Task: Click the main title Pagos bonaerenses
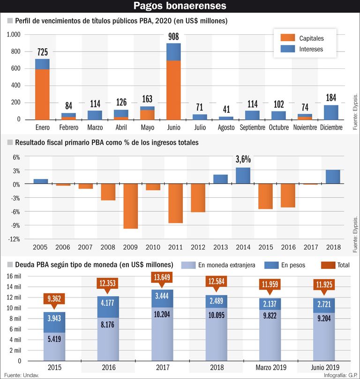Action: pyautogui.click(x=180, y=6)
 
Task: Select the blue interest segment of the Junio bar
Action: pyautogui.click(x=173, y=52)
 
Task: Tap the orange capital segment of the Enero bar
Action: pyautogui.click(x=42, y=95)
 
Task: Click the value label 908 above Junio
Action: pyautogui.click(x=173, y=37)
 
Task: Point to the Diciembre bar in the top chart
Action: pyautogui.click(x=331, y=112)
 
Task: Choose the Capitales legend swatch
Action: pyautogui.click(x=288, y=38)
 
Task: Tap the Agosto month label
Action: pyautogui.click(x=226, y=127)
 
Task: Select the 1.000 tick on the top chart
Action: pyautogui.click(x=14, y=35)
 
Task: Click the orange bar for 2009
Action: pyautogui.click(x=131, y=206)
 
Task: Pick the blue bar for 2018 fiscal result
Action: pyautogui.click(x=333, y=177)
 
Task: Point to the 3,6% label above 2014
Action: pyautogui.click(x=243, y=159)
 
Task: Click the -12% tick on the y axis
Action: pyautogui.click(x=14, y=239)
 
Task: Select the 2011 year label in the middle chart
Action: pyautogui.click(x=175, y=247)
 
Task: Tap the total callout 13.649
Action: pyautogui.click(x=162, y=277)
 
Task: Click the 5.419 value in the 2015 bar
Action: pyautogui.click(x=54, y=339)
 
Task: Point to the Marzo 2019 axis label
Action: pyautogui.click(x=271, y=368)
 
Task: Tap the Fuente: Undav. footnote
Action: pyautogui.click(x=22, y=375)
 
